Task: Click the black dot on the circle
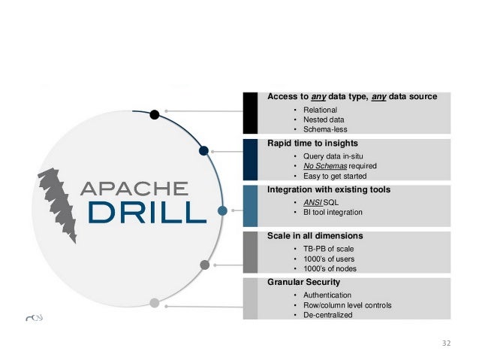coord(154,115)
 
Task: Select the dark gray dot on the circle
coord(204,264)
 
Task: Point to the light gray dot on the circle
coord(155,303)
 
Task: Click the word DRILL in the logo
coord(146,211)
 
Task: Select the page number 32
coord(447,343)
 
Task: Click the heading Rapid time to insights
coord(312,143)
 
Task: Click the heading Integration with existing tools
coord(329,189)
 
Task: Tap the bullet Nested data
coord(324,119)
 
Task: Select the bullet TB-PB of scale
coord(333,249)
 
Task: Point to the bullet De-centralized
coord(328,315)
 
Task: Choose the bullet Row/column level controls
coord(347,305)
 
